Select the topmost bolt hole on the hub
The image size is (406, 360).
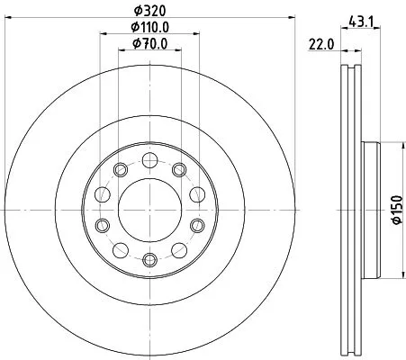pyautogui.click(x=150, y=157)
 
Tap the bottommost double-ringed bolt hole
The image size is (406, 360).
pyautogui.click(x=150, y=260)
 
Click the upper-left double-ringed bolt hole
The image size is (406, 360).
pyautogui.click(x=122, y=170)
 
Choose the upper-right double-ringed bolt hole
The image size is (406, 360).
pyautogui.click(x=179, y=170)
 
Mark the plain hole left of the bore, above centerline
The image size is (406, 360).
pyautogui.click(x=103, y=192)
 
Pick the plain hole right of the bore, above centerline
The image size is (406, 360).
pyautogui.click(x=198, y=192)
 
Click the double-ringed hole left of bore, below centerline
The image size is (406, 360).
pyautogui.click(x=103, y=225)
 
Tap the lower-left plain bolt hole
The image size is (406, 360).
pyautogui.click(x=122, y=247)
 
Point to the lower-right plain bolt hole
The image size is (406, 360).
pyautogui.click(x=179, y=247)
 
